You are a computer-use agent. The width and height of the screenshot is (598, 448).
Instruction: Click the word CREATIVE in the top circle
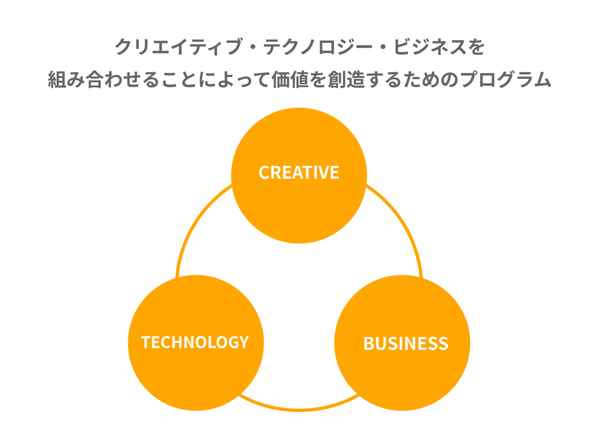tap(298, 173)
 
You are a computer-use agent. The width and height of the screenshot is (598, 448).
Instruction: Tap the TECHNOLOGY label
tap(195, 342)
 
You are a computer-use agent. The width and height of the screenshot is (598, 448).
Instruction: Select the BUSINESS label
tap(405, 343)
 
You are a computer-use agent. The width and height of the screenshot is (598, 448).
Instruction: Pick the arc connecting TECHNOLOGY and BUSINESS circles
tap(299, 409)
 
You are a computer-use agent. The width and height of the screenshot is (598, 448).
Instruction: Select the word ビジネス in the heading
tap(429, 47)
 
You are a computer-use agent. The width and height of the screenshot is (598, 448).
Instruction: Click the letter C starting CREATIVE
tap(264, 173)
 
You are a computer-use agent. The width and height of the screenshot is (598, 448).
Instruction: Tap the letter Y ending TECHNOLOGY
tap(243, 342)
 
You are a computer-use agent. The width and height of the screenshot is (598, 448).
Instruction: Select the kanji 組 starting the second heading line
tap(58, 80)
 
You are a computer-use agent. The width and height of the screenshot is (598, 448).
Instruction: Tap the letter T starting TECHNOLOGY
tap(146, 342)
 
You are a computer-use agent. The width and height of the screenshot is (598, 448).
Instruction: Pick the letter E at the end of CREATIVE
tap(334, 173)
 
